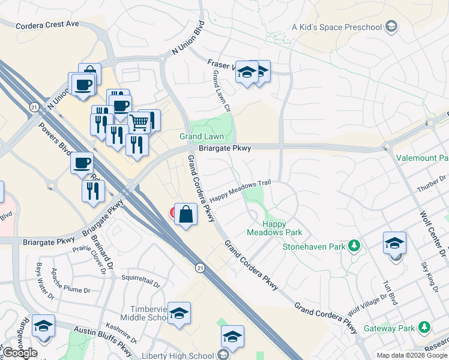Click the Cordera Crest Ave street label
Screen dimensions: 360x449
[47, 25]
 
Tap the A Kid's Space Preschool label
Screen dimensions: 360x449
[337, 26]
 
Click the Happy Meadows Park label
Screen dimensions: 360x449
[274, 228]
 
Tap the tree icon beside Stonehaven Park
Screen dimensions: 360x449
[354, 245]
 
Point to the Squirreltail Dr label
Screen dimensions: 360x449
[140, 278]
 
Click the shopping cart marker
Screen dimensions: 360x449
[139, 122]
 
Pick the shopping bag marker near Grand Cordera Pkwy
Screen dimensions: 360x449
[186, 214]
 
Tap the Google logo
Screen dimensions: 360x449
[20, 353]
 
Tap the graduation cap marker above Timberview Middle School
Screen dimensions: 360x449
[179, 313]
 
